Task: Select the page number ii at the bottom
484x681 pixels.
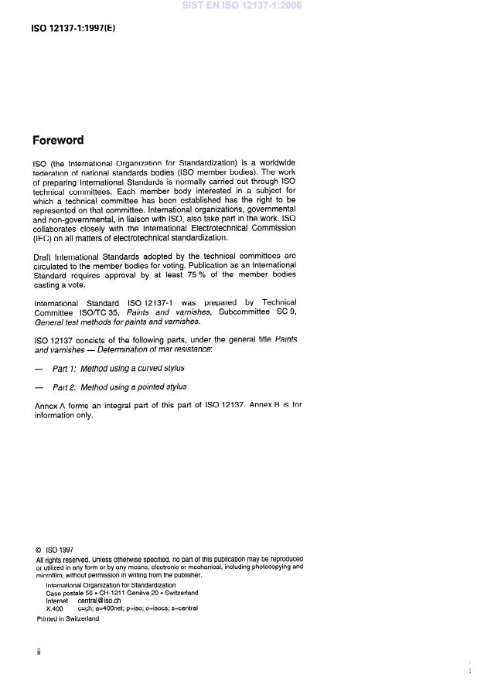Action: (x=39, y=651)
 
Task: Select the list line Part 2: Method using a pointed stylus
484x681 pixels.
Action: (x=119, y=386)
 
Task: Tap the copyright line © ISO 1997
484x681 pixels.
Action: (x=54, y=551)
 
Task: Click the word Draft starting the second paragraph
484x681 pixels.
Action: (x=43, y=254)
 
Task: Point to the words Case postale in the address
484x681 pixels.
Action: (x=67, y=593)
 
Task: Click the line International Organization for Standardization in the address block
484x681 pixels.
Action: (x=111, y=585)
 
